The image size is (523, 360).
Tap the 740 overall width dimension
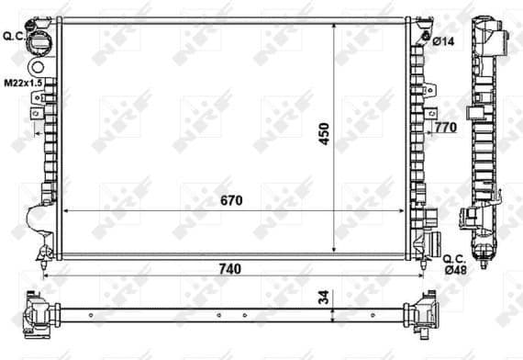[228, 269]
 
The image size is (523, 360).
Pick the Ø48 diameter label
[456, 269]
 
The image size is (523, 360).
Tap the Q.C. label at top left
[13, 36]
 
